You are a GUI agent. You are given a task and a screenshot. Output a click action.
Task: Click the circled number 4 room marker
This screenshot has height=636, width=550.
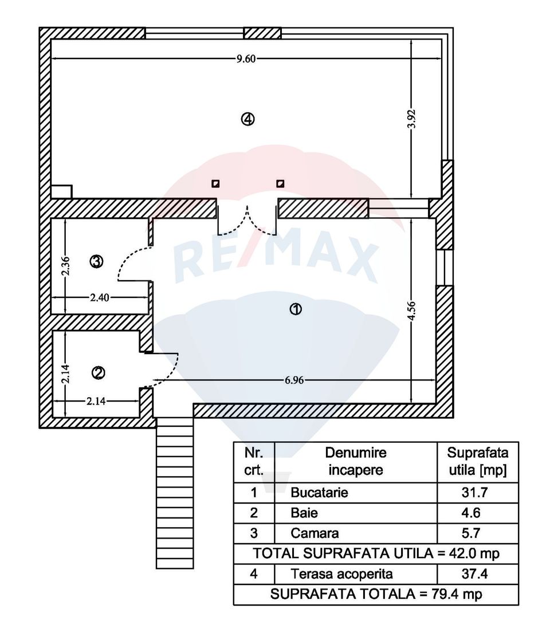click(x=248, y=119)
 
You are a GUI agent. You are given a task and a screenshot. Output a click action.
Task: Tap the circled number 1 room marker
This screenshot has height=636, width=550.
click(x=295, y=309)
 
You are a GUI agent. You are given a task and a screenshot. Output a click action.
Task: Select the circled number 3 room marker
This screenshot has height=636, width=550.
click(x=96, y=262)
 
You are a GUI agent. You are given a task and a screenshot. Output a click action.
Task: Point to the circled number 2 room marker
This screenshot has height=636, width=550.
click(x=99, y=372)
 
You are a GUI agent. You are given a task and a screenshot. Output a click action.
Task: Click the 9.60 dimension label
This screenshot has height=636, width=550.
click(x=246, y=59)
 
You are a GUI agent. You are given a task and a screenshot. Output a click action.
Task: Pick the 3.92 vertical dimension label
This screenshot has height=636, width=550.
click(x=411, y=119)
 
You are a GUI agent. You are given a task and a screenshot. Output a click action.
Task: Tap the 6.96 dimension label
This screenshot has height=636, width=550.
click(x=294, y=380)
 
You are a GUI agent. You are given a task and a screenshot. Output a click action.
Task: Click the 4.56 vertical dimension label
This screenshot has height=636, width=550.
click(x=411, y=311)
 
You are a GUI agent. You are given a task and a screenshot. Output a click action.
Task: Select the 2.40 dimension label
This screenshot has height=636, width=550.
click(x=99, y=298)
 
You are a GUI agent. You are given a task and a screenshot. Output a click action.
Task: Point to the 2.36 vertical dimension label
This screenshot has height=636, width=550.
click(x=65, y=266)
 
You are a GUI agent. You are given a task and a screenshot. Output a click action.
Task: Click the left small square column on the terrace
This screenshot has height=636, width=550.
click(x=216, y=184)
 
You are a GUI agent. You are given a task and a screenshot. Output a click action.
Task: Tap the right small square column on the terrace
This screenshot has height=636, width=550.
click(x=280, y=184)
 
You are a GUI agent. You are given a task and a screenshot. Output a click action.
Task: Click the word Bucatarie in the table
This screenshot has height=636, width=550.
click(x=319, y=492)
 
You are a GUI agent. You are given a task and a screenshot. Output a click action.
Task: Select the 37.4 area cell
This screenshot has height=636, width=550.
click(x=474, y=574)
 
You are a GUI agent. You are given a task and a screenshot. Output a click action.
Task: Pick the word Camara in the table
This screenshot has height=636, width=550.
click(x=315, y=533)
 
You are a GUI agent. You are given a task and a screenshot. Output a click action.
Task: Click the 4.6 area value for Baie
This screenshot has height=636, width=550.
click(x=471, y=513)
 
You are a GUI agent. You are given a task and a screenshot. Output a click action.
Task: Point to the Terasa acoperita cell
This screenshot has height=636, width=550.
click(x=341, y=574)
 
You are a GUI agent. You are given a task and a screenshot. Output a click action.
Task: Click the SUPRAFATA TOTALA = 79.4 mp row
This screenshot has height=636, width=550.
click(x=376, y=594)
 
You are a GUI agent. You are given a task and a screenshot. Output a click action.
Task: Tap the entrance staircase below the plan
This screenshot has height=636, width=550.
click(x=175, y=493)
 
